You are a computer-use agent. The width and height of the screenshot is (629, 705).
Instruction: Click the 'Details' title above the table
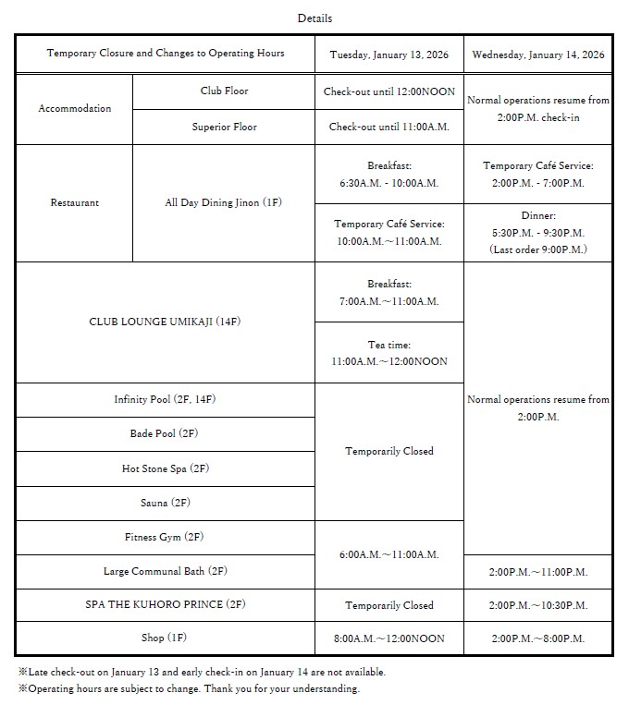coord(314,18)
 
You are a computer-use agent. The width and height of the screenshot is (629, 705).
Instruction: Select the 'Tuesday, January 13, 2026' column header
coord(388,55)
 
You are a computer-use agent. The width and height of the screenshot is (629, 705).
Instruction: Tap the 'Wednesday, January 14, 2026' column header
coord(537,55)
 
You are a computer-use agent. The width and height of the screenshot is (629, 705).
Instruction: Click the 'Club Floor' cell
coord(224,91)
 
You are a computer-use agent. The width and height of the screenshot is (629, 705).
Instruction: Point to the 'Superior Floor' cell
coord(224,127)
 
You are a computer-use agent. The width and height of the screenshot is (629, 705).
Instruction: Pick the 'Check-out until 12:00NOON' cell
coord(388,91)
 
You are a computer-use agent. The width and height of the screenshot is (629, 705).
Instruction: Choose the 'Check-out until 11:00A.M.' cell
coord(388,127)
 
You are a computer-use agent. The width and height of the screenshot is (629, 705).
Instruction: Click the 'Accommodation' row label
coord(74,108)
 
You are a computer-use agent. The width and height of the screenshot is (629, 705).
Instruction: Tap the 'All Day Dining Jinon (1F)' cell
coord(224,202)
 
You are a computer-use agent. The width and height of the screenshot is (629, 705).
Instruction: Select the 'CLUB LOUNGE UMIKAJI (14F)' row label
coord(165,322)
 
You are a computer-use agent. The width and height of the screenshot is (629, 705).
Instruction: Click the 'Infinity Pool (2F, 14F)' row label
coord(165,399)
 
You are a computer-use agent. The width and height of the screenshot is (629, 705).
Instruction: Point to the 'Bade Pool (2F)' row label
coord(165,433)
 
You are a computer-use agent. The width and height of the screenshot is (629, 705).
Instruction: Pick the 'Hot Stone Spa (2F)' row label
coord(165,468)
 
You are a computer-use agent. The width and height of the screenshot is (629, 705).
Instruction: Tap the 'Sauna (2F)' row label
coord(165,503)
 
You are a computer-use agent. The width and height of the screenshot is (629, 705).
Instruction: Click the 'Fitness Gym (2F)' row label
coord(165,537)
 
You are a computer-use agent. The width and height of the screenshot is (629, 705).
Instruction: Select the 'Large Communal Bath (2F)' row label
coord(165,571)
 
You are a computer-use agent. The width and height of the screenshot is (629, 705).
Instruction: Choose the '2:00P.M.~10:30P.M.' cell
coord(537,605)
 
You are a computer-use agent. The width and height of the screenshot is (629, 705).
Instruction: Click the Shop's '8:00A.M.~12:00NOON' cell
coord(388,638)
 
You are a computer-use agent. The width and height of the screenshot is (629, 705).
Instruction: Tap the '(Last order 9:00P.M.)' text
coord(537,249)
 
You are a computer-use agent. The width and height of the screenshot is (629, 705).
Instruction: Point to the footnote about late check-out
coord(202,672)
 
